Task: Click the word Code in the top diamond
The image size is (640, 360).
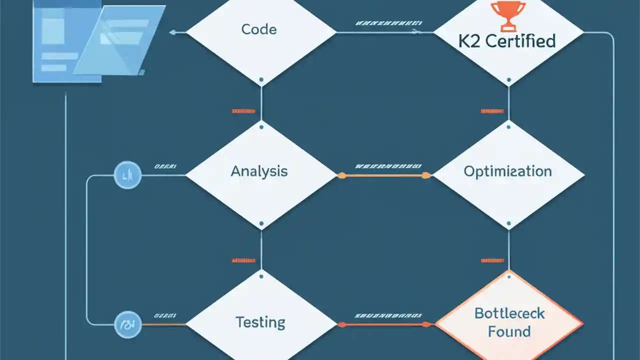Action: pos(259,29)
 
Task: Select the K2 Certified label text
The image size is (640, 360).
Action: pos(507,41)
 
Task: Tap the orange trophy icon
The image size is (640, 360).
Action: pos(508,14)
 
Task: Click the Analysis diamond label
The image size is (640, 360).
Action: pos(259,171)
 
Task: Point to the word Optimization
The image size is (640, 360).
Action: pos(507,171)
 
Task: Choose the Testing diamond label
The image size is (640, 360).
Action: pos(260,322)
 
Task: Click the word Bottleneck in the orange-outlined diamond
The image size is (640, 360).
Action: pos(509,313)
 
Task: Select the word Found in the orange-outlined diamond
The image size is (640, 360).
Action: pos(509,331)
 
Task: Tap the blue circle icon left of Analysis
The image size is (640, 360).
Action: pos(127,175)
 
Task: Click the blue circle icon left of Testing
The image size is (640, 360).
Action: pos(127,324)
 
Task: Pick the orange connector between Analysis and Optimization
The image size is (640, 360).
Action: pos(383,175)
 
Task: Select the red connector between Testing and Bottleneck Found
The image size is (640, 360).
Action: pos(383,324)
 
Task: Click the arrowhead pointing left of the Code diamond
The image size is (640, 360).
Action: pos(173,32)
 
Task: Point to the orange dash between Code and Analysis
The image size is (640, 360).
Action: pos(243,111)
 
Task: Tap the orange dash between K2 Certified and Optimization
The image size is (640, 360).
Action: pos(492,111)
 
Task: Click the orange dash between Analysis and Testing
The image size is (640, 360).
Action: pos(243,260)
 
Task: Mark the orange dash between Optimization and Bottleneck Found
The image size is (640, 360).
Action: pos(492,260)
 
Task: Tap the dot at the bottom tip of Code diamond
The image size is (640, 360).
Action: pos(261,79)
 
